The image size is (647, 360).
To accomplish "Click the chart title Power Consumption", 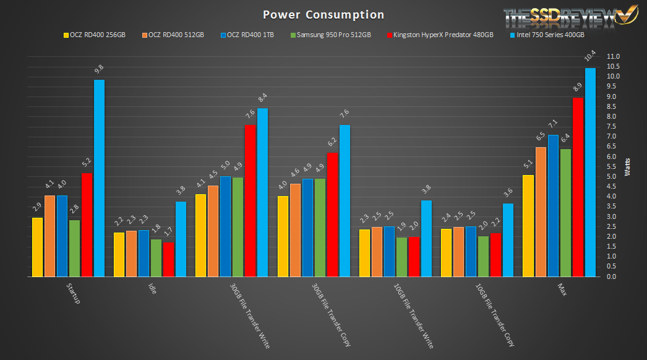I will click(x=323, y=14).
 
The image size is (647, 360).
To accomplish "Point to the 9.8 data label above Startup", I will click(x=99, y=70).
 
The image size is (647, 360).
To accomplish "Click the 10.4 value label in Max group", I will click(x=590, y=58).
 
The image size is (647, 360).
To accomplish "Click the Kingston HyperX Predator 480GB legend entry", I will click(x=439, y=35).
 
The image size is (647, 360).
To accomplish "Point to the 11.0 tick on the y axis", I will click(x=613, y=56).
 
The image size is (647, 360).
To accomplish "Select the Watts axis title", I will click(x=628, y=166).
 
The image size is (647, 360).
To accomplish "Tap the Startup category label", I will click(x=72, y=294).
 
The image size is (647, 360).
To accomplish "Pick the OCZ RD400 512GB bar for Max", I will click(x=541, y=212).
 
